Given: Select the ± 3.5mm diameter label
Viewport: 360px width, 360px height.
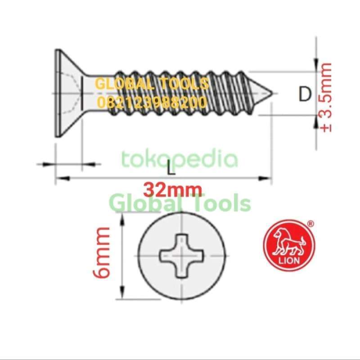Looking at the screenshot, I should [325, 97].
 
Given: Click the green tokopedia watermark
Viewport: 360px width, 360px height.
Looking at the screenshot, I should [179, 159].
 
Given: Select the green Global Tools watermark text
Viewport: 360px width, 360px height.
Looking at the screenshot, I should [180, 203].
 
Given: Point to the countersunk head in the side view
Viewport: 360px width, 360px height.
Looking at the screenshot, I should [67, 93].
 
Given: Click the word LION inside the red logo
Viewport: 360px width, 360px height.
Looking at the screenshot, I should [290, 261].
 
